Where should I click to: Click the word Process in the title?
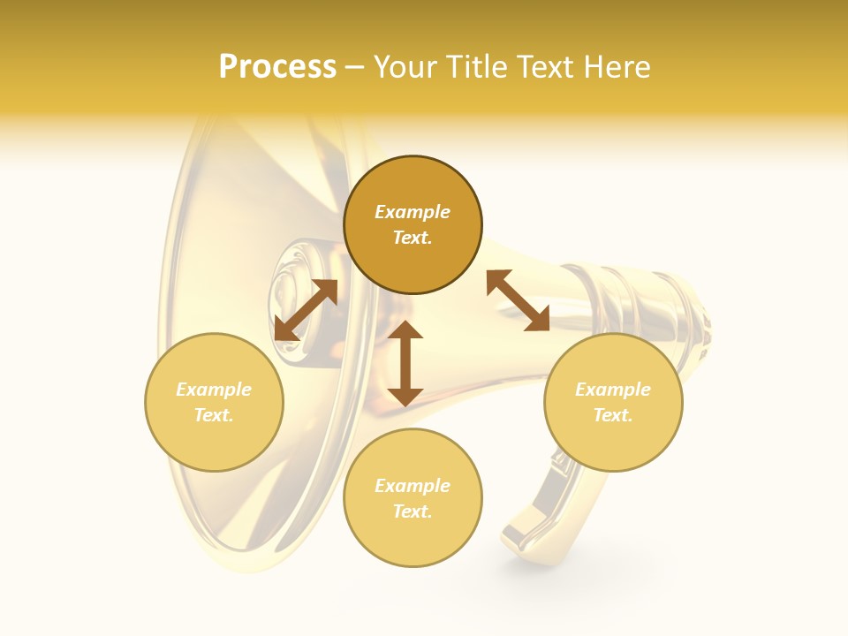click(x=277, y=67)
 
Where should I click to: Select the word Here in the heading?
click(x=614, y=67)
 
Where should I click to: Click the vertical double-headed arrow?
click(x=405, y=363)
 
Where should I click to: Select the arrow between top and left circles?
click(x=306, y=309)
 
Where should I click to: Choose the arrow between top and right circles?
click(x=518, y=300)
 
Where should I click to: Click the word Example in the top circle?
click(x=413, y=212)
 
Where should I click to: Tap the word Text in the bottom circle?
click(x=413, y=511)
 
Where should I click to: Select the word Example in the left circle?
click(x=214, y=390)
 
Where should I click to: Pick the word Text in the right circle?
click(x=613, y=415)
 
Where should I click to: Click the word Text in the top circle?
click(x=413, y=238)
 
